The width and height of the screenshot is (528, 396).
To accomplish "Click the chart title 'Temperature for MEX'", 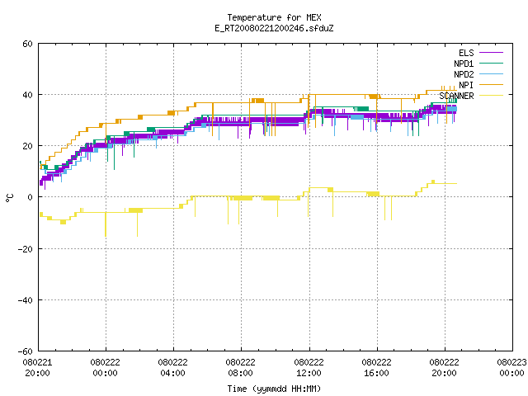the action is coord(274,17).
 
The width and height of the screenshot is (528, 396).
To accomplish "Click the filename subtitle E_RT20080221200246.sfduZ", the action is coord(274,28).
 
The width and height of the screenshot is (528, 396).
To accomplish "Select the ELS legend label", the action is coord(466,53).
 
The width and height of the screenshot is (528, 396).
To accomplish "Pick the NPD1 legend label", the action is coord(464,64).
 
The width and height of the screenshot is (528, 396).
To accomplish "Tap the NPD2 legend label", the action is coord(464,74).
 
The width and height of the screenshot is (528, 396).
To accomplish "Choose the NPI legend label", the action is coord(466,85).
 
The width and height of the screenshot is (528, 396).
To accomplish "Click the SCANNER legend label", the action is coord(456,96).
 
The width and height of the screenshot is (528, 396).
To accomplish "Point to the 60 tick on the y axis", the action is coord(27,44).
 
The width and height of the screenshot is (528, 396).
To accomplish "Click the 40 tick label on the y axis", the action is coord(27,95).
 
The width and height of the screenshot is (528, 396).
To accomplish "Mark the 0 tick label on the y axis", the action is coord(31,197).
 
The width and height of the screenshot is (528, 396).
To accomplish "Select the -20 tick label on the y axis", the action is coord(26,249).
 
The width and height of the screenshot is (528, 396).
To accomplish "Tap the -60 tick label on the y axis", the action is coord(26,351).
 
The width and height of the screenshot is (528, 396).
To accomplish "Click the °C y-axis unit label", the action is coord(9,198).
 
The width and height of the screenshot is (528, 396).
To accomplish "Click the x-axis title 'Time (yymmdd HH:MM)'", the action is coord(274,389).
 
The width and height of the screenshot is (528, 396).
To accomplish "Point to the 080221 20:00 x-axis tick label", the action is coord(37,368).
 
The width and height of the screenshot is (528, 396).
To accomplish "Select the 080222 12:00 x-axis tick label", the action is coord(309,368).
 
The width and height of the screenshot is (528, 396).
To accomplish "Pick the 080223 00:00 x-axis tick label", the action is coord(511,368).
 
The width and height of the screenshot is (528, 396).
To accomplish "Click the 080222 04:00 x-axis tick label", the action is coord(172,368).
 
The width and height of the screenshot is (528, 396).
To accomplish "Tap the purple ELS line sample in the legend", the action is coord(492,53).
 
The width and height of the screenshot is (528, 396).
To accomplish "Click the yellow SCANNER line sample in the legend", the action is coord(492,96).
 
